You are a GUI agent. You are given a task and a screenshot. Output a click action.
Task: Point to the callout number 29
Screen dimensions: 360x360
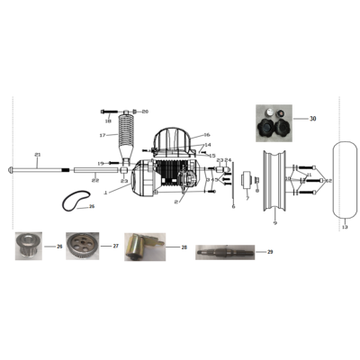[x=269, y=252]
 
